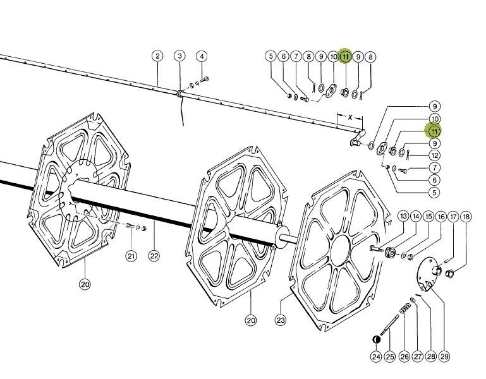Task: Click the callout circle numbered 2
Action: tap(157, 56)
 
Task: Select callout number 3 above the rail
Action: tap(179, 56)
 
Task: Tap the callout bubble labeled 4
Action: tap(202, 56)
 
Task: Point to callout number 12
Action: tap(435, 155)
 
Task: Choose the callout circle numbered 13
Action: tap(403, 217)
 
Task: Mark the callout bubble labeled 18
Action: tap(466, 217)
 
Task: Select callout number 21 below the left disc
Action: tap(131, 256)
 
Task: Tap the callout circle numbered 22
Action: tap(153, 256)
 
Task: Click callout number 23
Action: tap(281, 321)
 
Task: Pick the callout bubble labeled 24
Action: tap(376, 357)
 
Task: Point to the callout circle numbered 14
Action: tap(416, 217)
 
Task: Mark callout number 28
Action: tap(431, 357)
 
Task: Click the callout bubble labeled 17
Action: tap(454, 217)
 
